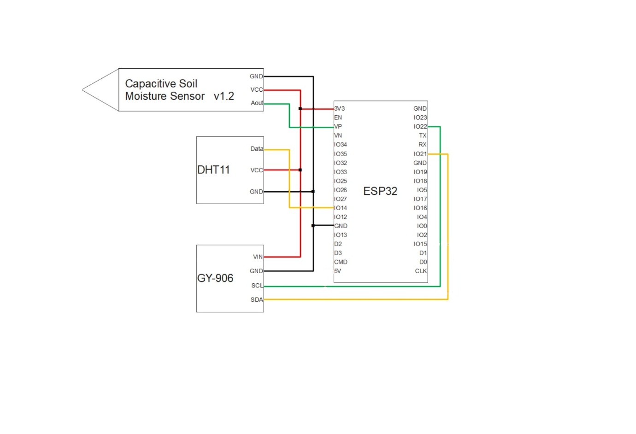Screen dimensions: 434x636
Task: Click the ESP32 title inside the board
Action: tap(380, 191)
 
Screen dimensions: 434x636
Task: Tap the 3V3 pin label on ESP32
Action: tap(340, 109)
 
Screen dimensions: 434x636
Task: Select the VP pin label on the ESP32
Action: tap(338, 127)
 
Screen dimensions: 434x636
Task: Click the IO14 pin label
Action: tap(341, 208)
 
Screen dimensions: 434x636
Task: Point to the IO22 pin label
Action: tap(420, 127)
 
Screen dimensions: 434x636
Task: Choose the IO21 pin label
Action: tap(420, 154)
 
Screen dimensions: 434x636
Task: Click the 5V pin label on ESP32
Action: tap(338, 271)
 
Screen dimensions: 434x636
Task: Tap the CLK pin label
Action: tap(421, 271)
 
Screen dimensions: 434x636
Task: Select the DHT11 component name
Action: tap(213, 170)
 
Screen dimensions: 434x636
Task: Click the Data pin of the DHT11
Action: tap(257, 149)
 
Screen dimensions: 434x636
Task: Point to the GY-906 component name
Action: tap(215, 278)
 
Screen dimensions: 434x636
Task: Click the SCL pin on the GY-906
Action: tap(257, 286)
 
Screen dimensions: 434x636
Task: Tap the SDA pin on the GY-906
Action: tap(257, 300)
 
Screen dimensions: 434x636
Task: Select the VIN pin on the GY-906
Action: tap(258, 257)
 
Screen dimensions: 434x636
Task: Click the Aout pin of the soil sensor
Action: tap(257, 103)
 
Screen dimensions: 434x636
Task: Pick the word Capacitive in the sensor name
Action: tap(151, 84)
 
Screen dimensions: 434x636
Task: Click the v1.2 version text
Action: tap(224, 96)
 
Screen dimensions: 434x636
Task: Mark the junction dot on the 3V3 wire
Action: tap(300, 109)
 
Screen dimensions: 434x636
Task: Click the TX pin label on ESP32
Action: tap(423, 136)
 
